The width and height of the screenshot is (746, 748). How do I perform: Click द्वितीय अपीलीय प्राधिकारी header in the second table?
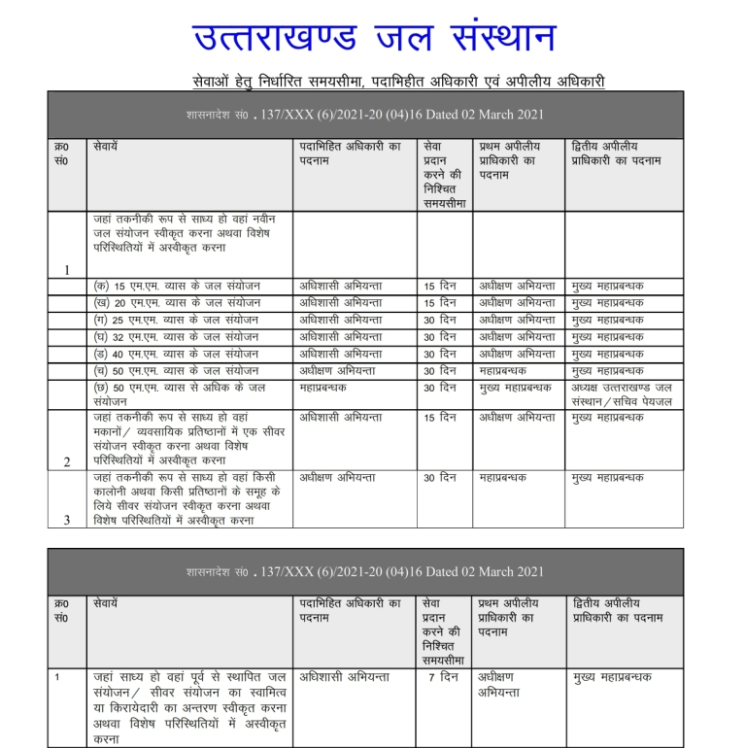click(x=618, y=611)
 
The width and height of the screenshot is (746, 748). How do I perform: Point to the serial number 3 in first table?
click(x=66, y=519)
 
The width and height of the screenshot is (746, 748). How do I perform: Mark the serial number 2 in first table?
click(x=66, y=462)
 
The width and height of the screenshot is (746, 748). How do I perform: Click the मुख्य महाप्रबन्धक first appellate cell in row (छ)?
click(x=519, y=388)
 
